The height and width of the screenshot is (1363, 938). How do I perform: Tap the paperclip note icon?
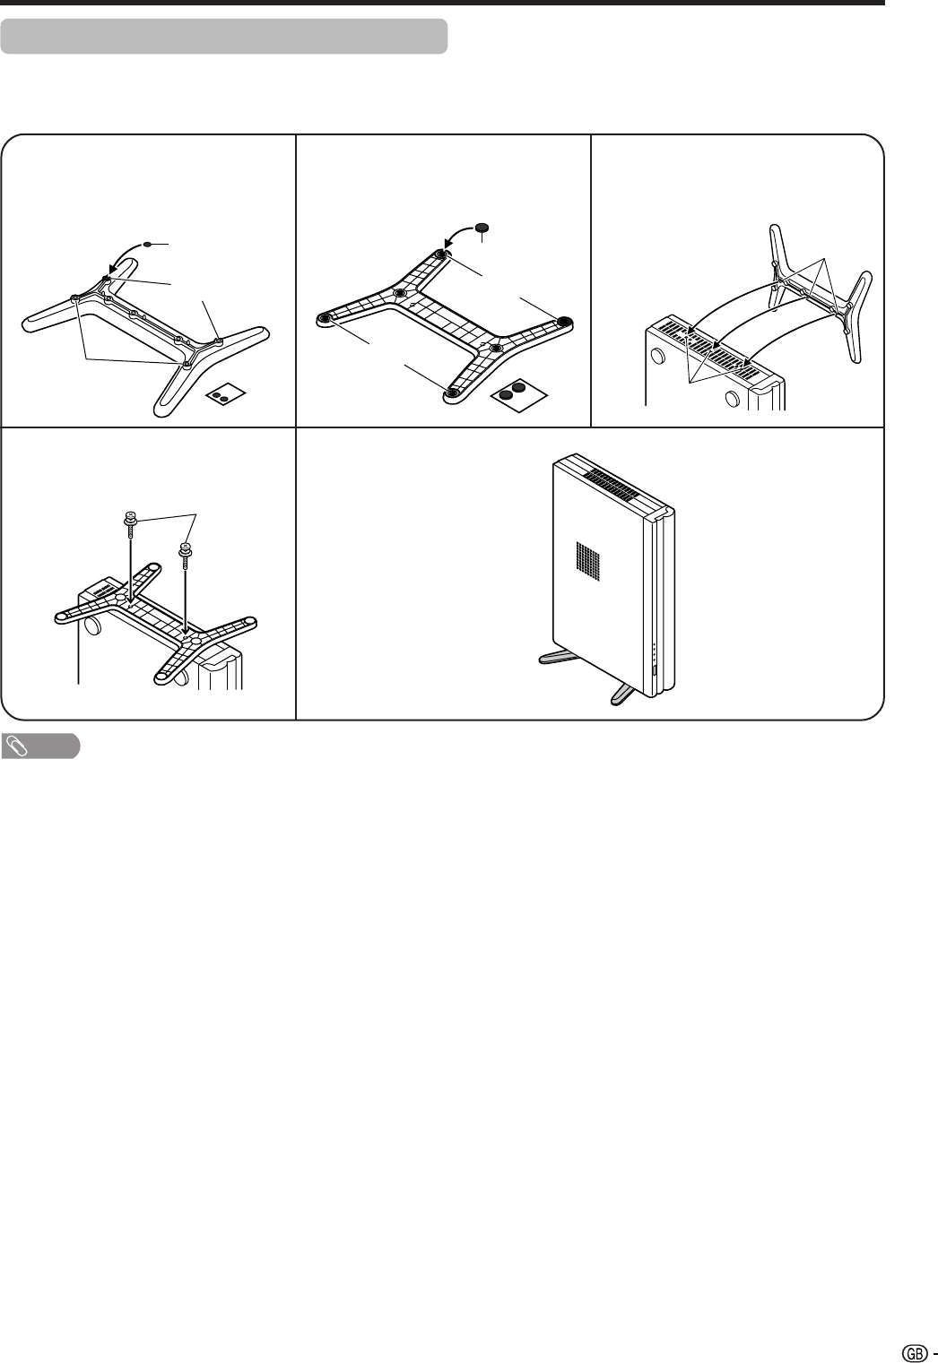pyautogui.click(x=15, y=746)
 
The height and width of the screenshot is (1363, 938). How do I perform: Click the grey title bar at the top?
pyautogui.click(x=224, y=37)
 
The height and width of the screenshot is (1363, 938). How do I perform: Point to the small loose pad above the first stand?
pyautogui.click(x=147, y=245)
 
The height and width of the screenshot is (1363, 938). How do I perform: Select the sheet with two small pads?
pyautogui.click(x=225, y=397)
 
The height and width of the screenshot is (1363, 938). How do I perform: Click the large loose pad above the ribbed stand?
pyautogui.click(x=482, y=228)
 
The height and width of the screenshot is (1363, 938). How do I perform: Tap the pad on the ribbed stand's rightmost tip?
pyautogui.click(x=563, y=321)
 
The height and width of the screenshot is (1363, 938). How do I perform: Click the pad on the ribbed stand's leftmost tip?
pyautogui.click(x=326, y=317)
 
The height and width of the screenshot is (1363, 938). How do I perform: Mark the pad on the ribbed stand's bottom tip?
pyautogui.click(x=451, y=393)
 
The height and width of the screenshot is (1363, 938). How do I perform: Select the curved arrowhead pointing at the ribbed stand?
pyautogui.click(x=448, y=245)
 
